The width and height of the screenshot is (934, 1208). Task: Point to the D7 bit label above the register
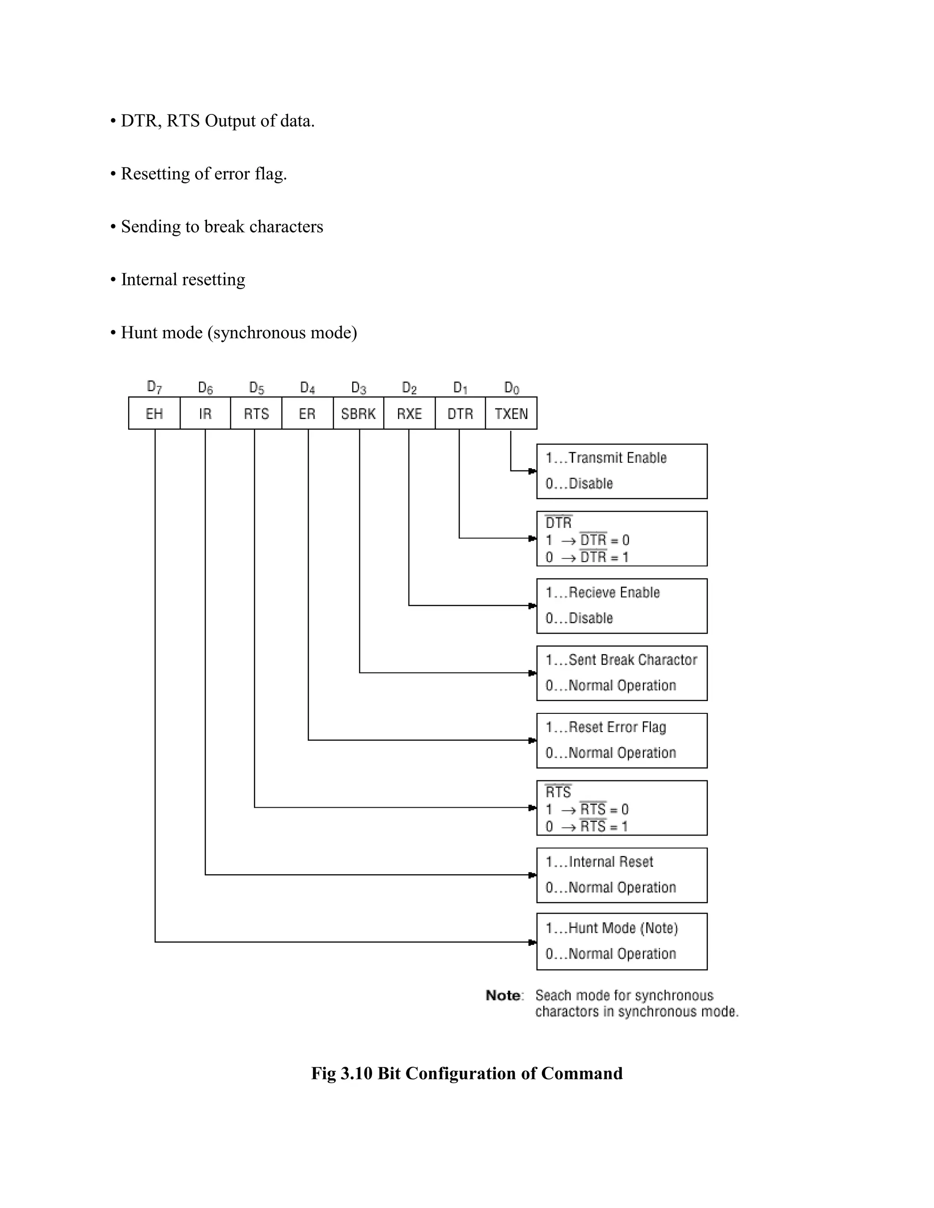[x=155, y=387]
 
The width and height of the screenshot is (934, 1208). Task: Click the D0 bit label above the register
[x=512, y=388]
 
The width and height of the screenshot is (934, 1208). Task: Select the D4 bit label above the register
[x=308, y=388]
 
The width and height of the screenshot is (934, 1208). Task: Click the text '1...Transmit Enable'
[x=606, y=458]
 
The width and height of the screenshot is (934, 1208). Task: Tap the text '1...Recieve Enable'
[x=602, y=593]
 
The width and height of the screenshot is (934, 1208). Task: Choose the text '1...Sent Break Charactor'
[x=621, y=660]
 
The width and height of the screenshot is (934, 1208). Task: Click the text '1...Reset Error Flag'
[x=606, y=728]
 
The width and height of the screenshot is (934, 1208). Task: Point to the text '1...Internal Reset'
[x=599, y=862]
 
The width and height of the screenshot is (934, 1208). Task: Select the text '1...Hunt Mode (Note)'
[x=612, y=928]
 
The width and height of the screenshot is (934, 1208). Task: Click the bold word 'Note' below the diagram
[x=503, y=996]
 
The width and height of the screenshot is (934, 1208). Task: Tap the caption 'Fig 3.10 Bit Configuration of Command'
[x=467, y=1073]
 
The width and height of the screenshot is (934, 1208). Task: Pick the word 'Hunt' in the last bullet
[x=138, y=332]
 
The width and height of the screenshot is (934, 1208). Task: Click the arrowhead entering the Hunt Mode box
[x=532, y=942]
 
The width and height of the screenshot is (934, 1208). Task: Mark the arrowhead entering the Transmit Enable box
[x=532, y=471]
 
